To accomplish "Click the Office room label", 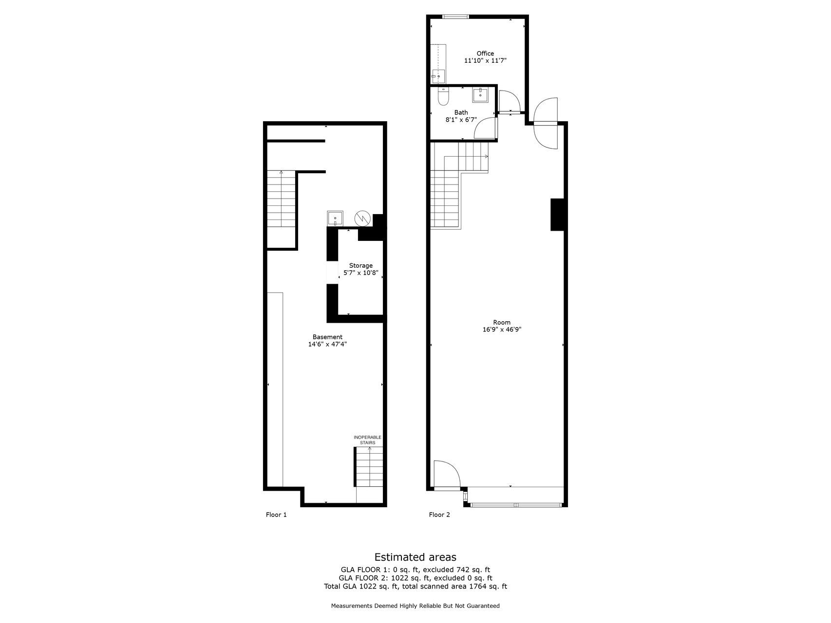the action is (x=485, y=54).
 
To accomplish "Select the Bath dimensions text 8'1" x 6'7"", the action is (x=461, y=120).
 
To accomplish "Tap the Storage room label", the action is (x=361, y=266).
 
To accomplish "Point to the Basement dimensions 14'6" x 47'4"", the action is (x=327, y=344).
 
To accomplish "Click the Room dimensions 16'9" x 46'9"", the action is (x=502, y=330).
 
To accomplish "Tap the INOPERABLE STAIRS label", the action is (x=368, y=440).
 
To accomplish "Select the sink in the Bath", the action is (x=481, y=93).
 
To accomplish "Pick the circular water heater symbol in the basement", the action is (x=362, y=218).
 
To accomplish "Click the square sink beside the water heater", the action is (x=335, y=218).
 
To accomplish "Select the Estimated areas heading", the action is (x=415, y=557).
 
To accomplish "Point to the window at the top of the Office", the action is (x=455, y=17).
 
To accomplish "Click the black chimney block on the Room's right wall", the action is (x=557, y=214).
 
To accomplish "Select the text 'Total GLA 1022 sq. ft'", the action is (x=361, y=586).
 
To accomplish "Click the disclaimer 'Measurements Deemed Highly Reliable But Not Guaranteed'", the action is (x=415, y=606).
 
